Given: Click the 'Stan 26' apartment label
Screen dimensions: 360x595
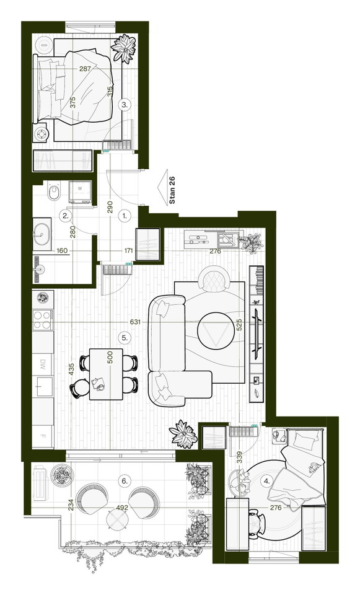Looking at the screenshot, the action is (172, 190).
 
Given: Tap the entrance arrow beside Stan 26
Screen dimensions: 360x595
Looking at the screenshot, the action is (162, 187).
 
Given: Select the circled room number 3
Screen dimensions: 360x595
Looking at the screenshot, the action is (125, 105).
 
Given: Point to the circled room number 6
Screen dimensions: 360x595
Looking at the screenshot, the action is (124, 481).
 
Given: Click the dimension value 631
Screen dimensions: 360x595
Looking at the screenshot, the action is (135, 322).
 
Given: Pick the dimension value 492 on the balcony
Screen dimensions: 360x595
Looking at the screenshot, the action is (122, 508).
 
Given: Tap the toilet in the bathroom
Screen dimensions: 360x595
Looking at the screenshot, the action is (53, 192).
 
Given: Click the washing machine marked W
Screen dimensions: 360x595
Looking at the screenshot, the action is (80, 192).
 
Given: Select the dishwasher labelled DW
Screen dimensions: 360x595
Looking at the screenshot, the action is (43, 364).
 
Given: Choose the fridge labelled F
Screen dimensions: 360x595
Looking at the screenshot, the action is (43, 436).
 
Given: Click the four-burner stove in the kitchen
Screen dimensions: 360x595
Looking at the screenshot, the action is (43, 320).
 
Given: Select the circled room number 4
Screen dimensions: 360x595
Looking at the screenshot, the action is (267, 481).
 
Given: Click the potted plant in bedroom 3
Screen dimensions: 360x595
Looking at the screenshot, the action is (124, 48).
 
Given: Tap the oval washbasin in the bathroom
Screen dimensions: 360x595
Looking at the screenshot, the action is (42, 234).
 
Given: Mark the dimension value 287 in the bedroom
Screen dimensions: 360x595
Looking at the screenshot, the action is (85, 69).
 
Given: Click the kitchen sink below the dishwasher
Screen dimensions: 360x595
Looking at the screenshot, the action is (43, 386).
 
